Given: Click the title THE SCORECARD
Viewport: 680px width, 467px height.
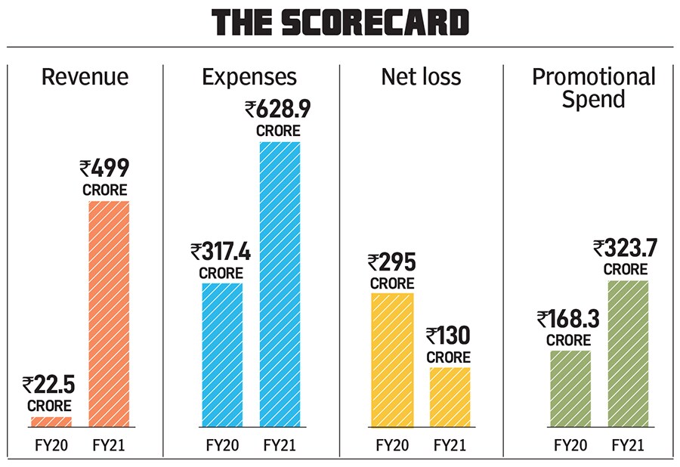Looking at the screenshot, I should (x=340, y=25).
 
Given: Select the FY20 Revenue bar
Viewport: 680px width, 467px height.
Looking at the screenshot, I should (x=51, y=422).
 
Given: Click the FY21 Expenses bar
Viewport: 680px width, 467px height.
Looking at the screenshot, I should (x=280, y=284).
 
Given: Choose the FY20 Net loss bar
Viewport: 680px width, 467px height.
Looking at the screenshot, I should (x=392, y=360).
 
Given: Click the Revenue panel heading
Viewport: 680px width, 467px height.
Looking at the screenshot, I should (x=85, y=77).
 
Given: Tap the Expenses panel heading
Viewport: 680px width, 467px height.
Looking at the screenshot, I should (x=249, y=77).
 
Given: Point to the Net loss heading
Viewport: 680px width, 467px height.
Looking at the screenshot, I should (x=421, y=77).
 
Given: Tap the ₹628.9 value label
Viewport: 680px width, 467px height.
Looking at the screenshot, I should (x=278, y=110).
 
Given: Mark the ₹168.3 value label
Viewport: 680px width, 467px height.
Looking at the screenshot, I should (x=568, y=320).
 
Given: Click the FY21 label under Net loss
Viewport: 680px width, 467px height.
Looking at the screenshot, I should (x=450, y=444).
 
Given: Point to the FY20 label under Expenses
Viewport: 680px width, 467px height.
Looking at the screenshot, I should (x=222, y=444).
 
